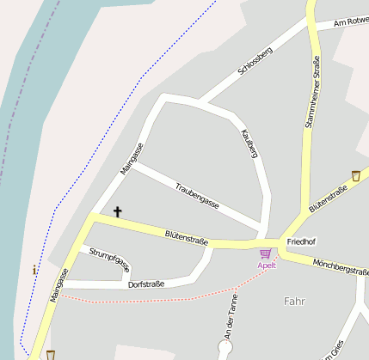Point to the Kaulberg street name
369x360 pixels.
[251, 143]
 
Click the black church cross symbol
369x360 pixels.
[117, 211]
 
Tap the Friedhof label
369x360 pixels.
[302, 242]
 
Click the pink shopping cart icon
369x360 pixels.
[265, 253]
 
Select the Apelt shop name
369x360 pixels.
[267, 265]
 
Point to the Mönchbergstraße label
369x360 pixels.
[341, 267]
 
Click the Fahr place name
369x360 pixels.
[293, 301]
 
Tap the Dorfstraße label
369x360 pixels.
[145, 284]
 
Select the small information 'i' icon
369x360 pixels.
[34, 270]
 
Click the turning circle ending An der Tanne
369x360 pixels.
[225, 348]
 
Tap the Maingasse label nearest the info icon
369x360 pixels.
[58, 284]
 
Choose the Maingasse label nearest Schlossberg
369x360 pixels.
[132, 159]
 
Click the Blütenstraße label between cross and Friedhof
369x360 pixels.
[187, 238]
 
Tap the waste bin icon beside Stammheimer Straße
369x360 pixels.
[355, 175]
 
